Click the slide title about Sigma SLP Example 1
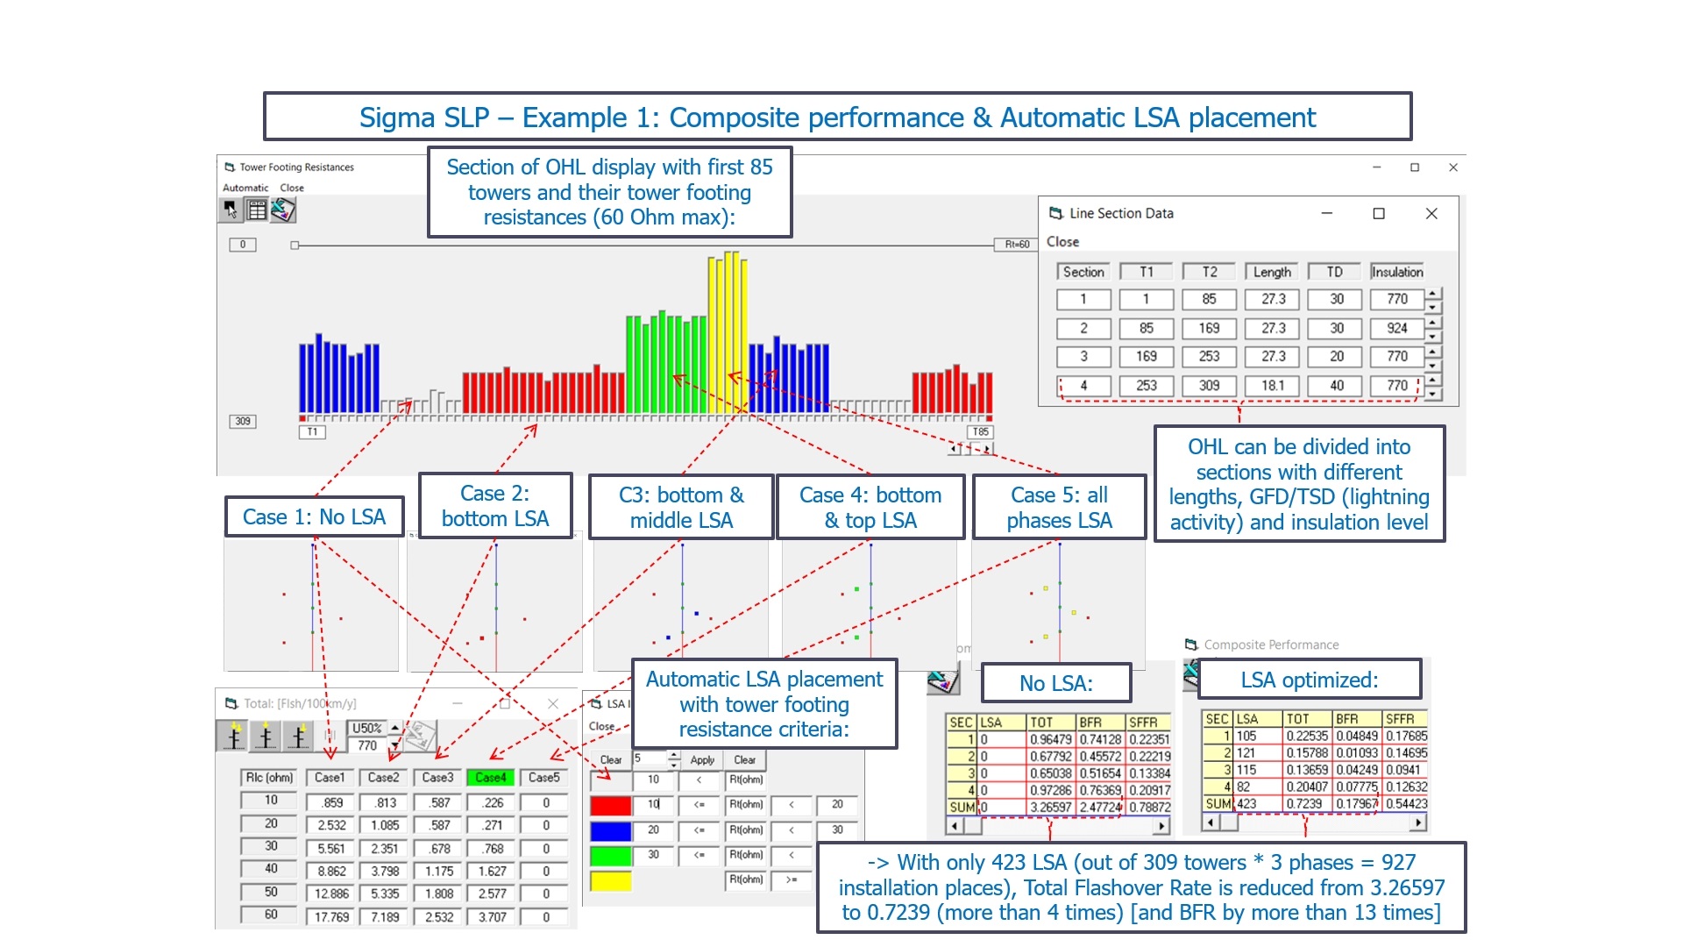837,117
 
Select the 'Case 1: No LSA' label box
314,517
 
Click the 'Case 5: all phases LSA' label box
1059,508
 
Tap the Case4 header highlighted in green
491,778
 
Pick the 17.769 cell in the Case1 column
331,917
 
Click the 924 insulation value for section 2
1397,328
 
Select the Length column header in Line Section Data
1272,272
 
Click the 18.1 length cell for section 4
1273,385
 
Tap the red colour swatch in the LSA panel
611,805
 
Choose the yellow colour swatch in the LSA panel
611,880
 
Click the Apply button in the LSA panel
702,760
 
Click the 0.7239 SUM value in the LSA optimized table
1306,803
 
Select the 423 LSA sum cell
1246,803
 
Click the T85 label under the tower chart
980,431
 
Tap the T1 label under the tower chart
312,431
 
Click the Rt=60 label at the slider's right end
1017,245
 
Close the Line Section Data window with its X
1431,213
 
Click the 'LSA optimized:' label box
1309,680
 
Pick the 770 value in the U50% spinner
367,746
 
